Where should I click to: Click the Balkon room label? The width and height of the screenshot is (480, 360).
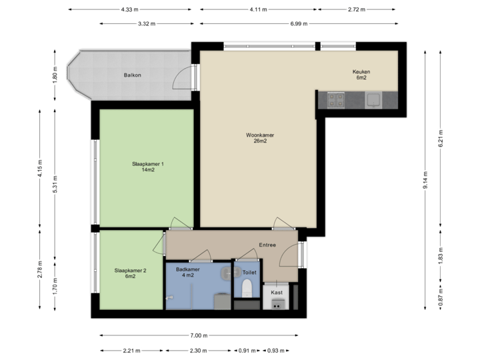pyautogui.click(x=132, y=75)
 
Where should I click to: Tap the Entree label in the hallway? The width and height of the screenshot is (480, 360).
pyautogui.click(x=267, y=245)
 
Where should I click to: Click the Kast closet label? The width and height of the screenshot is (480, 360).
pyautogui.click(x=276, y=292)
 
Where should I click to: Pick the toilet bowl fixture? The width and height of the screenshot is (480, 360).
pyautogui.click(x=247, y=288)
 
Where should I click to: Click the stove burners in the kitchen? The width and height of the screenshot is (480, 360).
pyautogui.click(x=335, y=101)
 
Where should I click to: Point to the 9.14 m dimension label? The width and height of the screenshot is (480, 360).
pyautogui.click(x=426, y=181)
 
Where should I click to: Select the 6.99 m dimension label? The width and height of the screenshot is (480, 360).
pyautogui.click(x=299, y=23)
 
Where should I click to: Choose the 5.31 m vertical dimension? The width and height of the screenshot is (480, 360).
pyautogui.click(x=55, y=184)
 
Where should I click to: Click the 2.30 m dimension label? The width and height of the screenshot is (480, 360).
pyautogui.click(x=198, y=350)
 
